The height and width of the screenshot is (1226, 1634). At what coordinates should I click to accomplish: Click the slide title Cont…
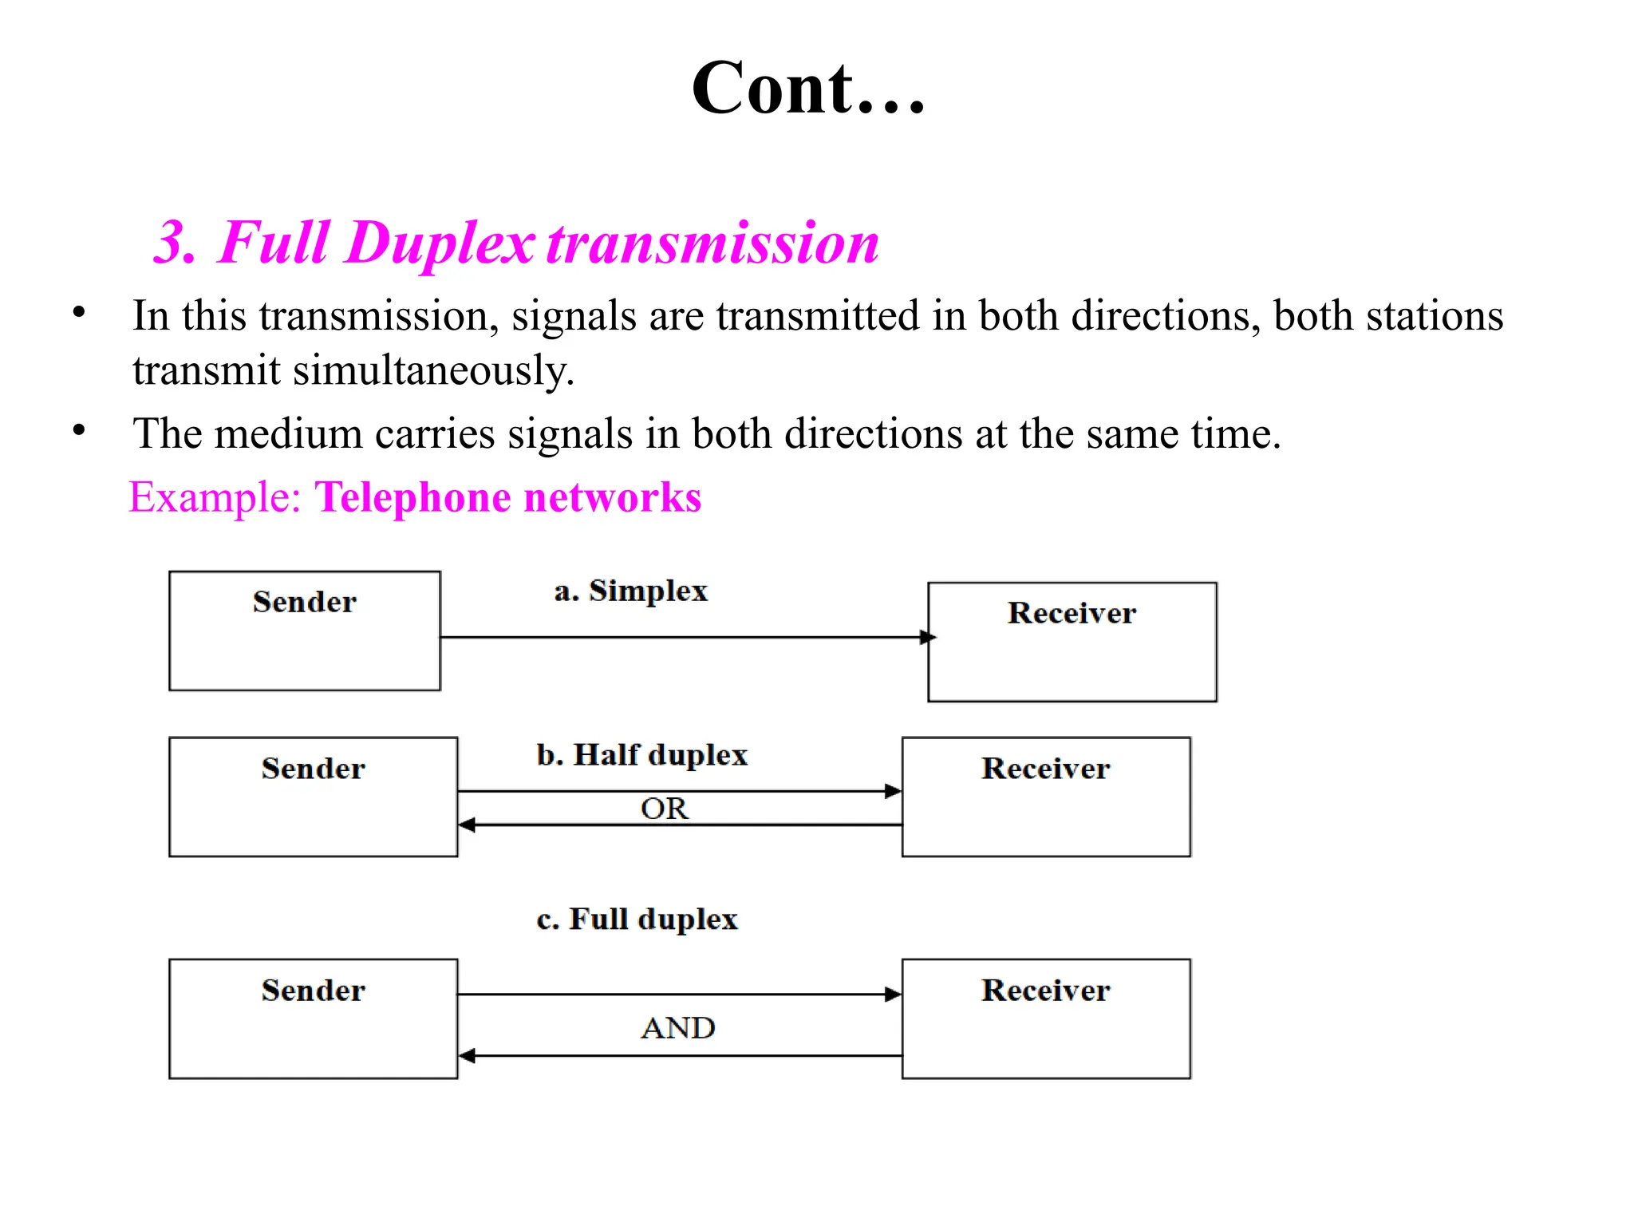click(807, 89)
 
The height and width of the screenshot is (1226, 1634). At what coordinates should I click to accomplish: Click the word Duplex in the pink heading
click(440, 243)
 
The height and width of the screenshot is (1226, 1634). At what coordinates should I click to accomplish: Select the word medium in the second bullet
click(288, 434)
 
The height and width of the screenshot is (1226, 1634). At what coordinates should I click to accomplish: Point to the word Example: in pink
click(215, 497)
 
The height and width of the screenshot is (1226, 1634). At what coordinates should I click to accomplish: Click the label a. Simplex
click(630, 591)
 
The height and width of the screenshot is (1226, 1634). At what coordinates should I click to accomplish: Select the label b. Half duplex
click(641, 755)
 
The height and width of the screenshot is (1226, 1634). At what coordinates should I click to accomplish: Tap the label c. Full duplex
click(637, 919)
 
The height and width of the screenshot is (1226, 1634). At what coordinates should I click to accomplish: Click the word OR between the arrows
click(664, 809)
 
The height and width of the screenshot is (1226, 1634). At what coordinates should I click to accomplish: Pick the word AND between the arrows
click(677, 1028)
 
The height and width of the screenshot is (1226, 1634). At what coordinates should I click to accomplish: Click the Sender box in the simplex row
click(304, 631)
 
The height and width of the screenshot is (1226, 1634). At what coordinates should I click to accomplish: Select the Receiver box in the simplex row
click(1072, 642)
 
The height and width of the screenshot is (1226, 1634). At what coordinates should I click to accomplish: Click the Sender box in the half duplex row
click(313, 797)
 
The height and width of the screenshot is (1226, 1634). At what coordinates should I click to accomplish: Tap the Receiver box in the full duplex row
click(1045, 1018)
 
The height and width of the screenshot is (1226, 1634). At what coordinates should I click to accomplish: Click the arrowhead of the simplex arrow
click(927, 637)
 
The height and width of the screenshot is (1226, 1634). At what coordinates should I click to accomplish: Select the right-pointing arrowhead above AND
click(893, 995)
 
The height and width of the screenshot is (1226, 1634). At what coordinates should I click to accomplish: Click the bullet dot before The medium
click(78, 430)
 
